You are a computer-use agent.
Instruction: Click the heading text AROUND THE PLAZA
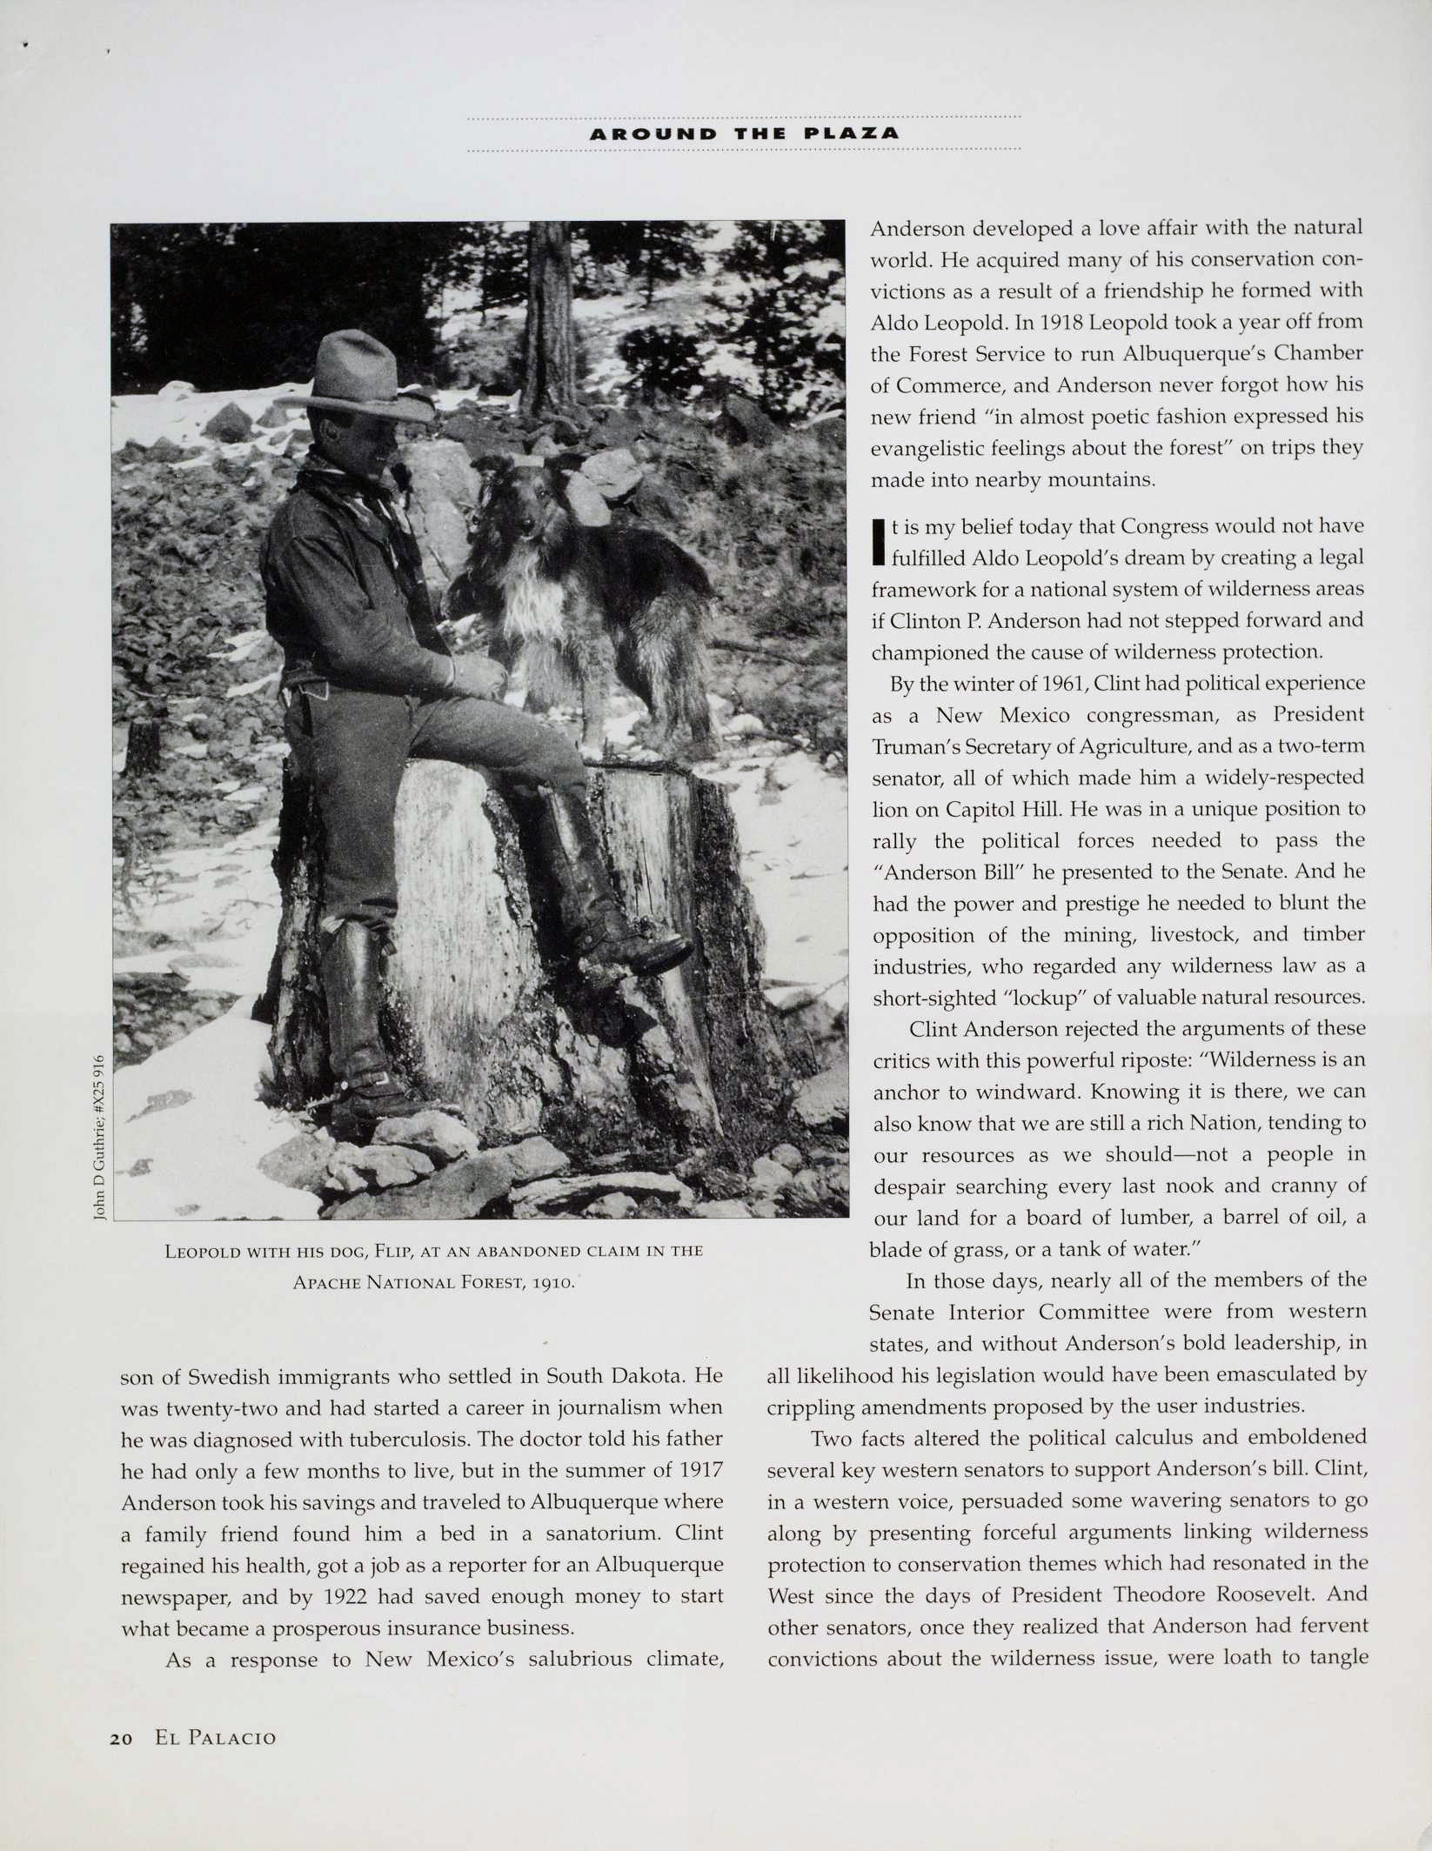tap(744, 134)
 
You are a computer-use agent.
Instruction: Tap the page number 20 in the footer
tap(121, 1739)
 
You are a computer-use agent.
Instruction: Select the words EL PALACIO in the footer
tap(216, 1739)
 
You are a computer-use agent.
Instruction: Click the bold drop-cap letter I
tap(878, 541)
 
